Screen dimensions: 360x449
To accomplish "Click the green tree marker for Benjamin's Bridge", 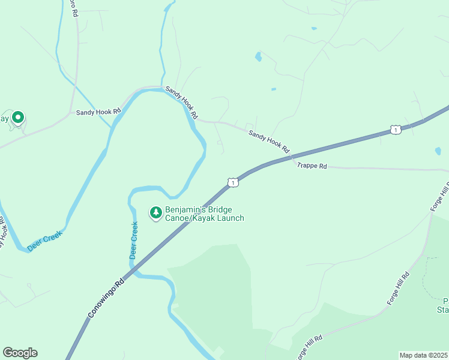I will tap(155, 212).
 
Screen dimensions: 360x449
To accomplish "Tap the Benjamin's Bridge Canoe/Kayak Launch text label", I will tap(205, 214).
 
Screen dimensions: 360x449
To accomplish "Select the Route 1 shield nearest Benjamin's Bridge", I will tap(233, 182).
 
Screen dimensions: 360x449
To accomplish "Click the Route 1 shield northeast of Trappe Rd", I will tap(395, 130).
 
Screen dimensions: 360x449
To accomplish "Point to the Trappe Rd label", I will tap(312, 166).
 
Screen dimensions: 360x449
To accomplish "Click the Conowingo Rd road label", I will tap(106, 298).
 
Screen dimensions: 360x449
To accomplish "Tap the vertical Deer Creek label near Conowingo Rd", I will tap(133, 241).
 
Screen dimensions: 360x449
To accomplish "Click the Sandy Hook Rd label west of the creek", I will tap(98, 112).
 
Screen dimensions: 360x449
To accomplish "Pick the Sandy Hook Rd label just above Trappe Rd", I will tap(269, 142).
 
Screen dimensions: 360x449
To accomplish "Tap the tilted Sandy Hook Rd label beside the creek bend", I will tap(181, 101).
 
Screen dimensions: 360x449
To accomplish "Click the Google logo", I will tap(20, 353).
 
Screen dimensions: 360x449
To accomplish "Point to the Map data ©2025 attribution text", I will tap(423, 355).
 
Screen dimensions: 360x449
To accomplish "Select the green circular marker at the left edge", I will tap(18, 118).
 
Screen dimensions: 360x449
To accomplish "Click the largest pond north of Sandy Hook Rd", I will tap(258, 57).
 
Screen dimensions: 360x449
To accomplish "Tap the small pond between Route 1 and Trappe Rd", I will tap(438, 151).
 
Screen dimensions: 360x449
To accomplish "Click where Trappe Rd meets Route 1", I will tap(292, 158).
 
